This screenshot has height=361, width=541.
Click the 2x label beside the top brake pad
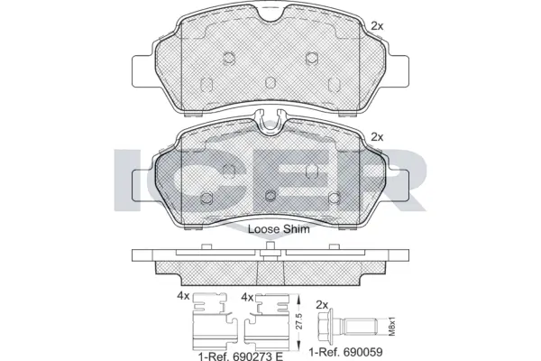377,26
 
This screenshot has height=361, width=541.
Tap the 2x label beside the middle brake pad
377,137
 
